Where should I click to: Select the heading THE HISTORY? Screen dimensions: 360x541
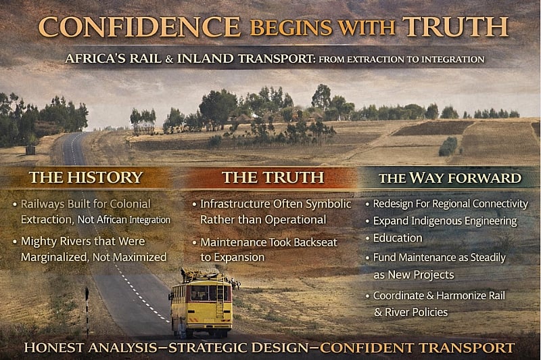pos(86,177)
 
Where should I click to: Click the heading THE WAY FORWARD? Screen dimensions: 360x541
pos(450,179)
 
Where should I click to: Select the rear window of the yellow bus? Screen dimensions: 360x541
pos(201,292)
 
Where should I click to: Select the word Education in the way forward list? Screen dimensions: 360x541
pos(398,238)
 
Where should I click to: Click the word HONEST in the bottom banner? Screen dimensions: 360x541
pos(53,348)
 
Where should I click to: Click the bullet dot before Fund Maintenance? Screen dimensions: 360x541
pos(367,258)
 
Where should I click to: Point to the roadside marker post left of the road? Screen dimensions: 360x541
pos(87,302)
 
